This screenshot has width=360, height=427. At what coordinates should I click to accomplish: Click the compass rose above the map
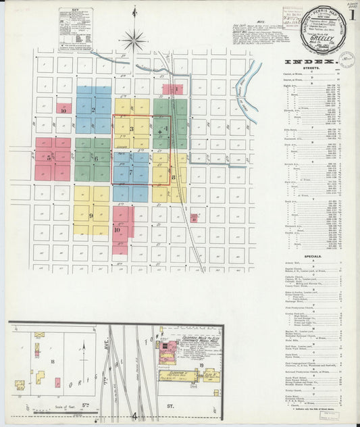point(134,39)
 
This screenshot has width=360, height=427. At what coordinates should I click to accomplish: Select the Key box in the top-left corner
point(75,26)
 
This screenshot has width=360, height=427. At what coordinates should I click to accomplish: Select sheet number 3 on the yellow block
point(132,129)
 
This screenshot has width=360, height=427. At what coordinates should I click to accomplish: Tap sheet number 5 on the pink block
point(49,157)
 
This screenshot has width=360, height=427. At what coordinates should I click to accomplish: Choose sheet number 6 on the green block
point(95,159)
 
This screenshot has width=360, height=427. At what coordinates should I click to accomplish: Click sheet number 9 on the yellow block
point(91,216)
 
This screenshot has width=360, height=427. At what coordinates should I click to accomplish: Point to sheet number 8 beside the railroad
point(174,177)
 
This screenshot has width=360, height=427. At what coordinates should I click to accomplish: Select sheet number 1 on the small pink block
point(176,89)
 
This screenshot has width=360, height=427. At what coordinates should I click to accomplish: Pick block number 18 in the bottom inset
point(53,362)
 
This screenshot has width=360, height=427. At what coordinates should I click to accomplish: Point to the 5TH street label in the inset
point(86,407)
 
